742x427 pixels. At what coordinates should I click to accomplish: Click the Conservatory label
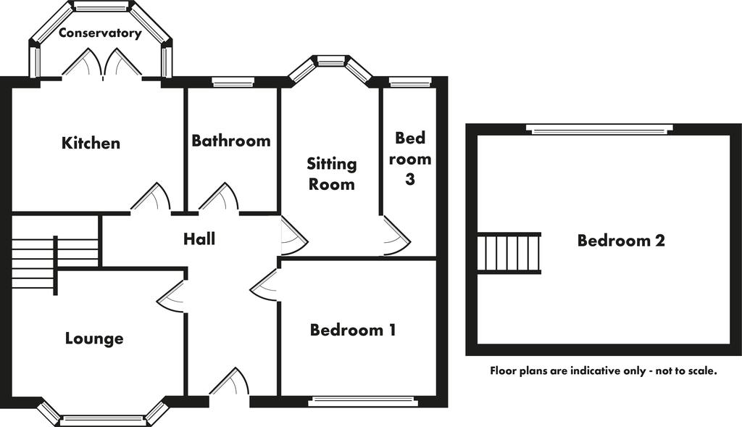tap(100, 33)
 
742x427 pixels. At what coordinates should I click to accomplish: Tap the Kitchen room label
tap(91, 143)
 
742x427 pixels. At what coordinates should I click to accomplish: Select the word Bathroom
tap(231, 141)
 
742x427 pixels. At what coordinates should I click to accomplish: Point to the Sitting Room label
tap(332, 174)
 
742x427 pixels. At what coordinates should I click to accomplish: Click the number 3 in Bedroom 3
tap(410, 179)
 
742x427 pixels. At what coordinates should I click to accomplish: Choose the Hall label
tap(199, 239)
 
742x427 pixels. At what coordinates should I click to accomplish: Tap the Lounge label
tap(94, 339)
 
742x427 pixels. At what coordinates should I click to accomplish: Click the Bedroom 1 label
tap(353, 329)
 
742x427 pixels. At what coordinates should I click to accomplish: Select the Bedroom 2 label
tap(621, 241)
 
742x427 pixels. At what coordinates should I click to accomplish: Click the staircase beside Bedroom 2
tap(509, 253)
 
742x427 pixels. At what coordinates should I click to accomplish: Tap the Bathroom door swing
tap(219, 196)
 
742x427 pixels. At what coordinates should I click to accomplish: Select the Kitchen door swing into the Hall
tap(151, 196)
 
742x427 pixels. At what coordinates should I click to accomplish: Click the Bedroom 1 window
tap(363, 402)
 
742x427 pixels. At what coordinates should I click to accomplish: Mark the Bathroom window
tap(233, 83)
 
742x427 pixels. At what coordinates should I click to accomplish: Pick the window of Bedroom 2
tap(600, 129)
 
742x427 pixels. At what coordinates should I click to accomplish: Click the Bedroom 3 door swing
tap(395, 236)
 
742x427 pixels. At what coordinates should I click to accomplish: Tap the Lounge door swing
tap(170, 297)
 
